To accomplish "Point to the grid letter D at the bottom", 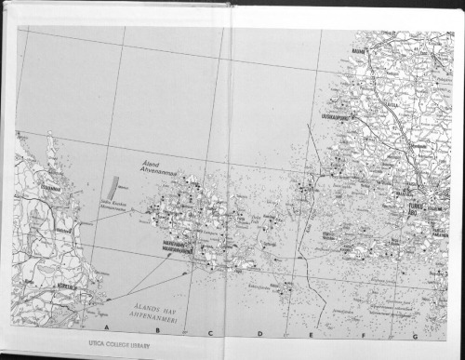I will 259,332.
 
